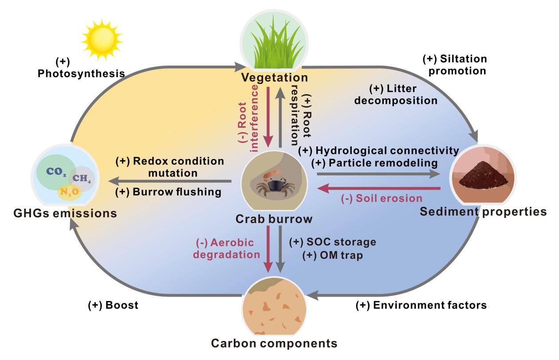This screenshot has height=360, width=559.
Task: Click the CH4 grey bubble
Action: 81,178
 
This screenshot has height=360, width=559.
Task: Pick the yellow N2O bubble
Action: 70,192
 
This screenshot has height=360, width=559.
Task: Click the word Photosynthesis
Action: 81,74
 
